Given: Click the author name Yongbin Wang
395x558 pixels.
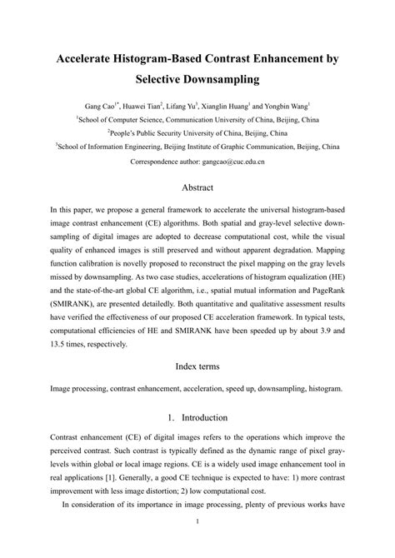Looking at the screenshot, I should pos(286,107).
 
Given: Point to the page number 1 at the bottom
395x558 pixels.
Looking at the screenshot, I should pos(197,546).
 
